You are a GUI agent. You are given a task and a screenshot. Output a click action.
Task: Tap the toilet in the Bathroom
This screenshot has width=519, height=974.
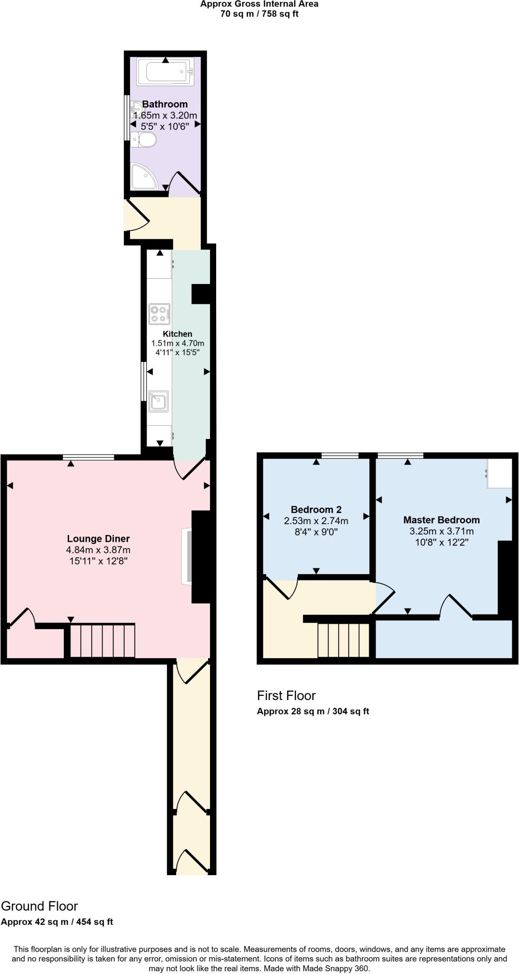tap(144, 140)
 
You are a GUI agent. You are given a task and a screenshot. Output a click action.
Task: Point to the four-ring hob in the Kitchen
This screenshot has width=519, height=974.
tap(159, 314)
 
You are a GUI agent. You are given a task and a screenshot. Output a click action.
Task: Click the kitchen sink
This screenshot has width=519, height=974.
tap(158, 401)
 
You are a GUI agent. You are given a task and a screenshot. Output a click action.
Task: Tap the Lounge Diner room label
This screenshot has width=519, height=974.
tap(98, 539)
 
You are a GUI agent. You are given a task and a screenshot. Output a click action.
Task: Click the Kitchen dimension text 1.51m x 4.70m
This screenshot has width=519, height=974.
tap(178, 343)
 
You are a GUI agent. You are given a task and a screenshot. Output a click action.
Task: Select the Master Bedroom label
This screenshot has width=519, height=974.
tap(441, 520)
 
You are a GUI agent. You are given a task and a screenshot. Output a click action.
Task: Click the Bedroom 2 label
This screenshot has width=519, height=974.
tap(316, 509)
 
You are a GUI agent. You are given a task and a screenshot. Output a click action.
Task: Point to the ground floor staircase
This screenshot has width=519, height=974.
tap(102, 640)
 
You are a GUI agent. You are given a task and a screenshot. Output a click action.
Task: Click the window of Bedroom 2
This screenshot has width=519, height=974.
tap(340, 456)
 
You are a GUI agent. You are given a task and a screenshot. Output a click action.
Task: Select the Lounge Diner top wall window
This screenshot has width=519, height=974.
tap(89, 458)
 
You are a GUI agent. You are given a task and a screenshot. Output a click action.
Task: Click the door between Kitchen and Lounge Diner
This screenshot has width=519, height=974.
tap(190, 469)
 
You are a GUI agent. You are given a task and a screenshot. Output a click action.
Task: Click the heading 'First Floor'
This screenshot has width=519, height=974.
tap(286, 696)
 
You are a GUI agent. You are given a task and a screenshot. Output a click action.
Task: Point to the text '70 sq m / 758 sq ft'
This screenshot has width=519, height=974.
tap(259, 14)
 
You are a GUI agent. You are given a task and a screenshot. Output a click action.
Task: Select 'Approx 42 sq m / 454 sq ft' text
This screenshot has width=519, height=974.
tap(57, 922)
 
